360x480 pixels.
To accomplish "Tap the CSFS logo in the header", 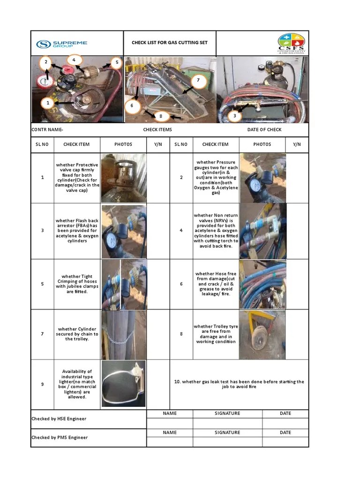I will (291, 44).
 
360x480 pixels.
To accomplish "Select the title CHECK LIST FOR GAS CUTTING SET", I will (169, 43).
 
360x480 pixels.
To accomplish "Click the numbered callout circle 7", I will (198, 80).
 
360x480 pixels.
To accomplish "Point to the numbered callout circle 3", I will (235, 115).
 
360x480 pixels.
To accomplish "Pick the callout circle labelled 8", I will (161, 116).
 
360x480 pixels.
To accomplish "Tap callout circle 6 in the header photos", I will (132, 106).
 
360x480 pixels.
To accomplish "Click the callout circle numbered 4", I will (74, 60).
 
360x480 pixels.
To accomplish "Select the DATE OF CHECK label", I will (264, 129).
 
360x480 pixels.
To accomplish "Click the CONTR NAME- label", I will (47, 129).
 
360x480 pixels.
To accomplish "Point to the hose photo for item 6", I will (262, 284).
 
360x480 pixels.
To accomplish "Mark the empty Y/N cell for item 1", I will (158, 178).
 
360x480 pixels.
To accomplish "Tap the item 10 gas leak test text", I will (239, 384).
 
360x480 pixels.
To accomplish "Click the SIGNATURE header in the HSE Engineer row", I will (227, 413).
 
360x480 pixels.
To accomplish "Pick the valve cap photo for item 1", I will (124, 178).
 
